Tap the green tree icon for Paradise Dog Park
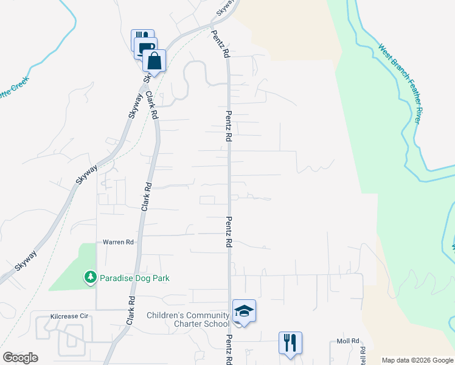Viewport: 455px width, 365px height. [x=91, y=277]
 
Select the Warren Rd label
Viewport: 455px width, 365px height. [x=118, y=242]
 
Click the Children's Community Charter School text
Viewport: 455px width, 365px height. [x=188, y=319]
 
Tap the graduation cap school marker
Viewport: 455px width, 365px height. [x=244, y=311]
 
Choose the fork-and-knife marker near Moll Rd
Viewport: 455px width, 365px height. [x=291, y=342]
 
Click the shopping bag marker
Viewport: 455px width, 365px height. [x=155, y=61]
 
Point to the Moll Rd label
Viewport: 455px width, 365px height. [x=348, y=342]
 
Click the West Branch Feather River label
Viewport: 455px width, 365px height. [x=399, y=84]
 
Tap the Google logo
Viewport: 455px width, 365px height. [x=20, y=357]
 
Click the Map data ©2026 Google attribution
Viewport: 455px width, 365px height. [x=417, y=360]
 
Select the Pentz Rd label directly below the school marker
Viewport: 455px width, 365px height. [x=230, y=349]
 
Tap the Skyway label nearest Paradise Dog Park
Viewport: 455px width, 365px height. [x=26, y=260]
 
